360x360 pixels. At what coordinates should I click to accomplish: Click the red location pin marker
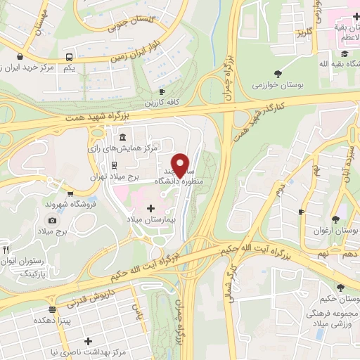click(x=181, y=165)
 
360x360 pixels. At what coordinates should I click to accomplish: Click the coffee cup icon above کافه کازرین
click(x=162, y=91)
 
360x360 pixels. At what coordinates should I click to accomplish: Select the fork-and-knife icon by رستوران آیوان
click(x=6, y=250)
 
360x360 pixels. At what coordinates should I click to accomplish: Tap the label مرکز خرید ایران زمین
click(x=33, y=68)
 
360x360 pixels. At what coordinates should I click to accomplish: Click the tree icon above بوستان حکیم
click(x=341, y=288)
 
